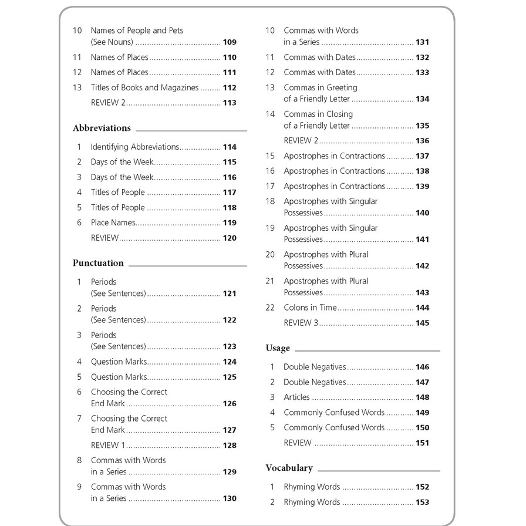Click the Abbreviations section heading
point(102,128)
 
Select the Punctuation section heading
point(98,263)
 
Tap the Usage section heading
point(278,348)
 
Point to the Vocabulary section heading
point(289,468)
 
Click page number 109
point(230,42)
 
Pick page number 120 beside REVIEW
point(230,238)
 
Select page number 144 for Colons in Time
point(422,308)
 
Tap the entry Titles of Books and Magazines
point(144,87)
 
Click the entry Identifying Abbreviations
point(134,147)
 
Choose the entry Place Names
point(113,222)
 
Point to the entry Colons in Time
point(310,308)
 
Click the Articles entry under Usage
point(296,397)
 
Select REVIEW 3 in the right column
point(301,323)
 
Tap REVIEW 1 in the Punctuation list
point(108,446)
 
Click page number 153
point(422,503)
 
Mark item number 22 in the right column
point(270,308)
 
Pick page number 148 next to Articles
point(422,397)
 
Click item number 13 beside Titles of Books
point(77,87)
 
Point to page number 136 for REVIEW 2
point(422,141)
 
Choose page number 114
point(230,147)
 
